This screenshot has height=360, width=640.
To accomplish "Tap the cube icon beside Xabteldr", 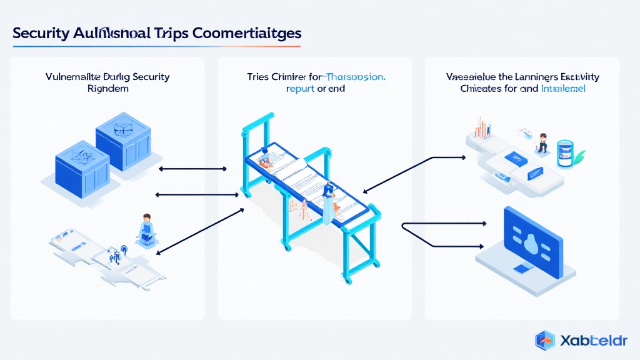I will (x=545, y=341).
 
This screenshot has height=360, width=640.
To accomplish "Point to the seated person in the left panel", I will (x=146, y=228).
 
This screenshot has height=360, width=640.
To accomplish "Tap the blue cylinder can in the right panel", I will (x=566, y=152).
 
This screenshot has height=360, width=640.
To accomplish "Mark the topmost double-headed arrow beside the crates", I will (x=192, y=169).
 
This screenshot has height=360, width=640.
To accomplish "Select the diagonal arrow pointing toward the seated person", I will (x=198, y=231).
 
